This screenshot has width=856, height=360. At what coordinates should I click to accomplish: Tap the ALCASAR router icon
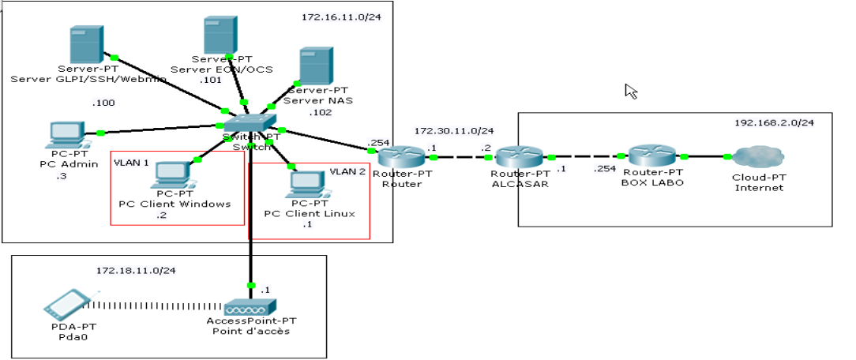click(518, 156)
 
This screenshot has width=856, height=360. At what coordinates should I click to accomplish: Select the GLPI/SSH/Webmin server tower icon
click(85, 45)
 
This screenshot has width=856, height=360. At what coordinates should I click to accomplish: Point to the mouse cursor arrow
click(630, 91)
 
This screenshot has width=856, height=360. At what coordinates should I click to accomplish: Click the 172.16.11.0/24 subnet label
click(336, 17)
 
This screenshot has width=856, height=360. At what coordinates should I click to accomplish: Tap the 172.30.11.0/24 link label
click(453, 130)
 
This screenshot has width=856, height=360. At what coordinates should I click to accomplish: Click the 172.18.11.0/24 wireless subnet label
click(136, 270)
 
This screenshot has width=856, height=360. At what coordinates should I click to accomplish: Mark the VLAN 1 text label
click(132, 162)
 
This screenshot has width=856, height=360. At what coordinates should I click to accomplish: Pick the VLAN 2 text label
click(347, 171)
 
